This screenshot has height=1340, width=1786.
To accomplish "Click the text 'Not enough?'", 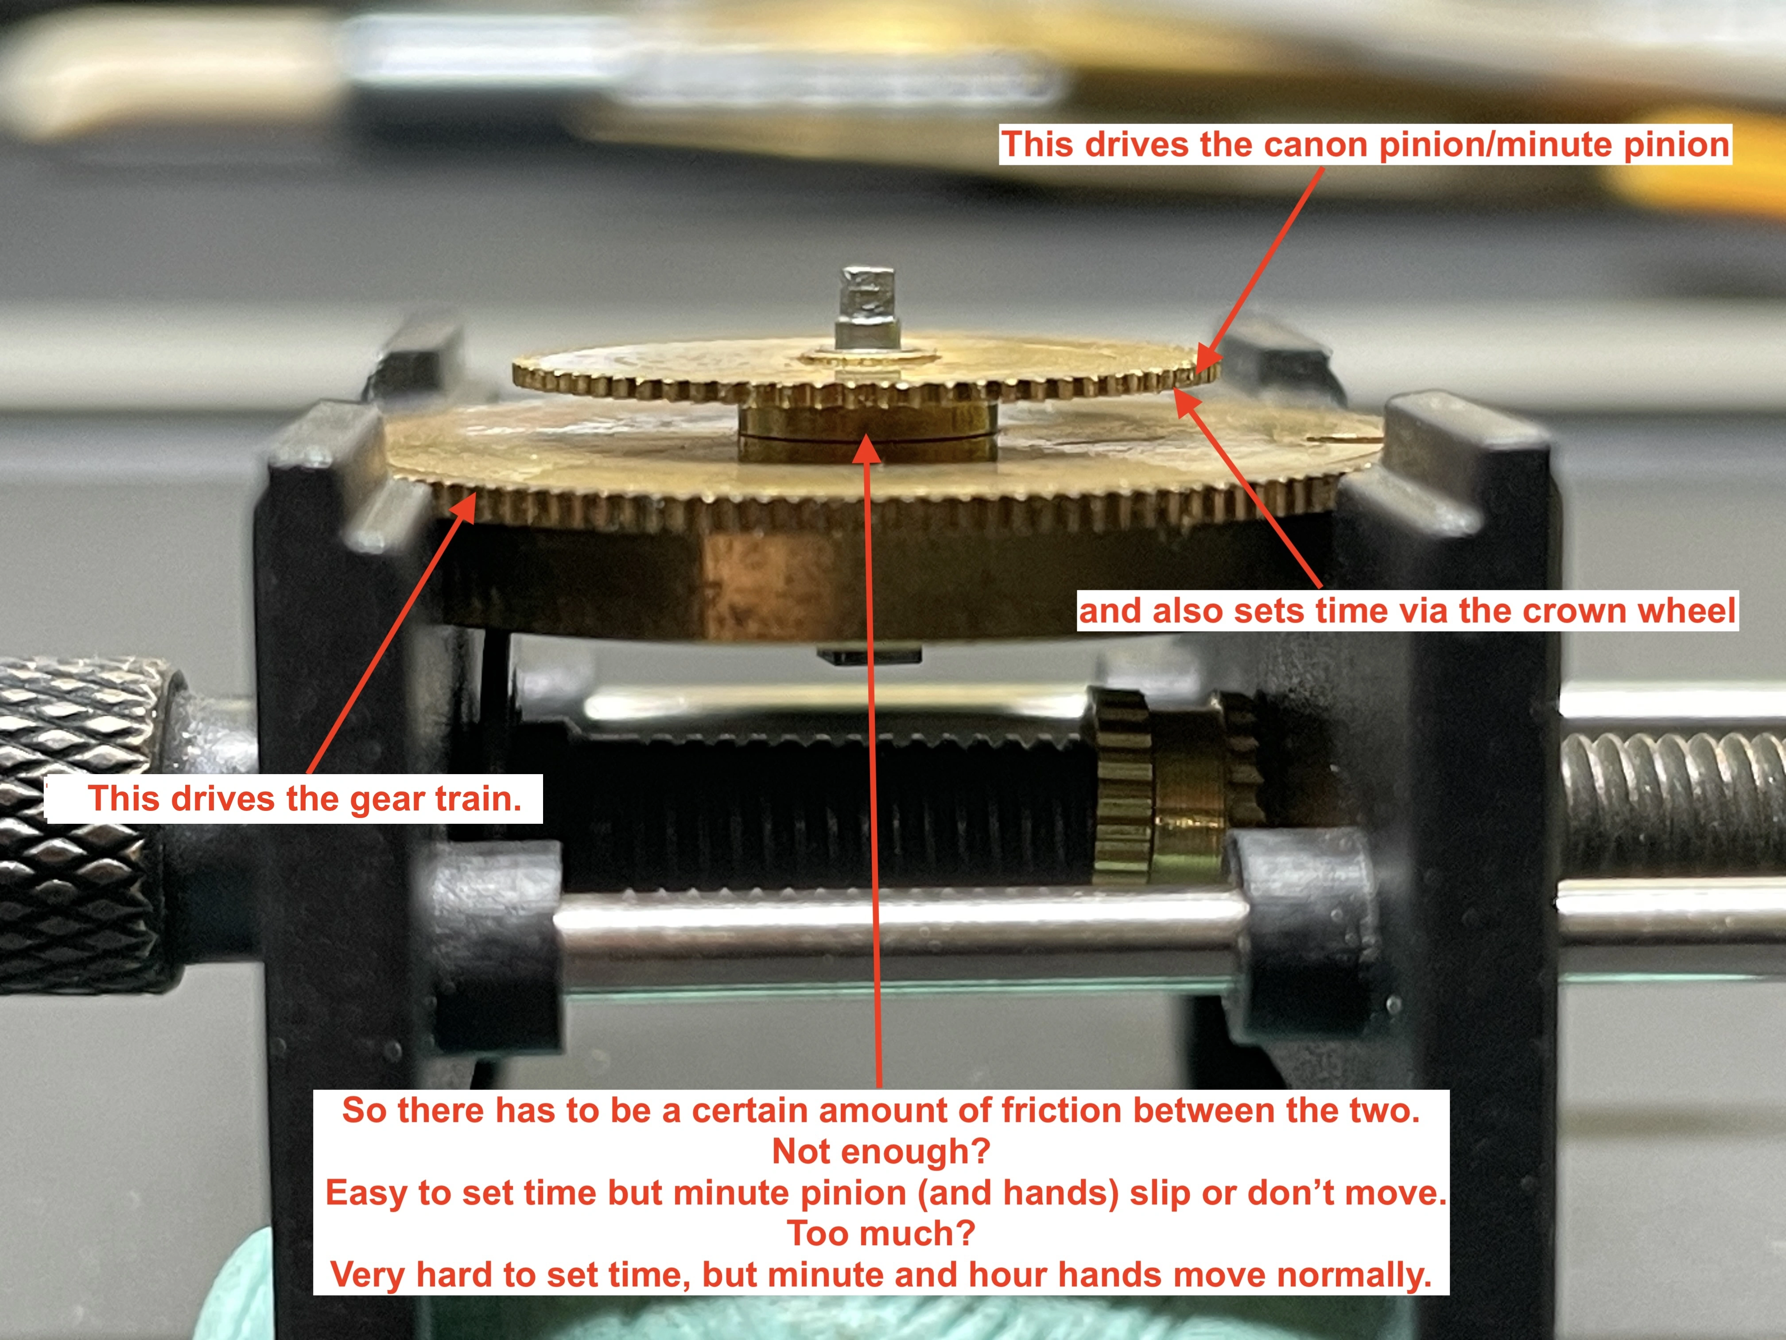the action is click(x=881, y=1151).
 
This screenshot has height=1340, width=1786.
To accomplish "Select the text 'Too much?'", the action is click(x=881, y=1233).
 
